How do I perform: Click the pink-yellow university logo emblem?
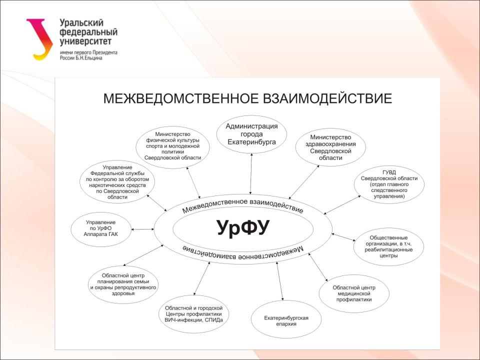coord(40,39)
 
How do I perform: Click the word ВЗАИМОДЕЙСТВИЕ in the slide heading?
coord(327,98)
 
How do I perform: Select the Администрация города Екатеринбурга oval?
coord(251,134)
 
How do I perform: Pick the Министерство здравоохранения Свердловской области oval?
coord(330,147)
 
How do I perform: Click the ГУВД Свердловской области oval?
coord(389,184)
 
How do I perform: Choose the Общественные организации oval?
coord(388,246)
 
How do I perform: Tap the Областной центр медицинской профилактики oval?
coord(354,293)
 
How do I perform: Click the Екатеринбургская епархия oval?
coord(286,319)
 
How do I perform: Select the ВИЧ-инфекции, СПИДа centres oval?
coord(194,314)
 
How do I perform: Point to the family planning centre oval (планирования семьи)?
coord(123,284)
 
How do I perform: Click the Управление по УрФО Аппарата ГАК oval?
coord(100,229)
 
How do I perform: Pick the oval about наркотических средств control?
coord(117,182)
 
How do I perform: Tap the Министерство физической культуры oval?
coord(172,147)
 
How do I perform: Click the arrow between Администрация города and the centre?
coord(251,174)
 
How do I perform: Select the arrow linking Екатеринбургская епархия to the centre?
coord(280,281)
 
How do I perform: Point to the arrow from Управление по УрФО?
coord(142,229)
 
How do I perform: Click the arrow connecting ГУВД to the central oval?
coord(342,205)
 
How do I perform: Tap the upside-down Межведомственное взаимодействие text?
coord(243,251)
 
